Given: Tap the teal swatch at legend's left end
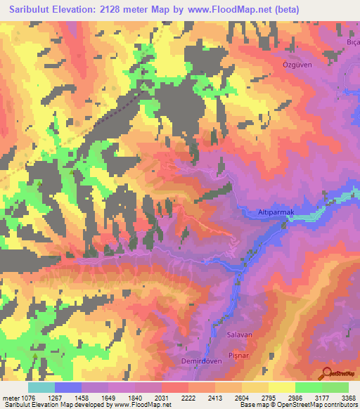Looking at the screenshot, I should tap(41, 387).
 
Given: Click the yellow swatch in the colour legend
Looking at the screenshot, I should tap(282, 387).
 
